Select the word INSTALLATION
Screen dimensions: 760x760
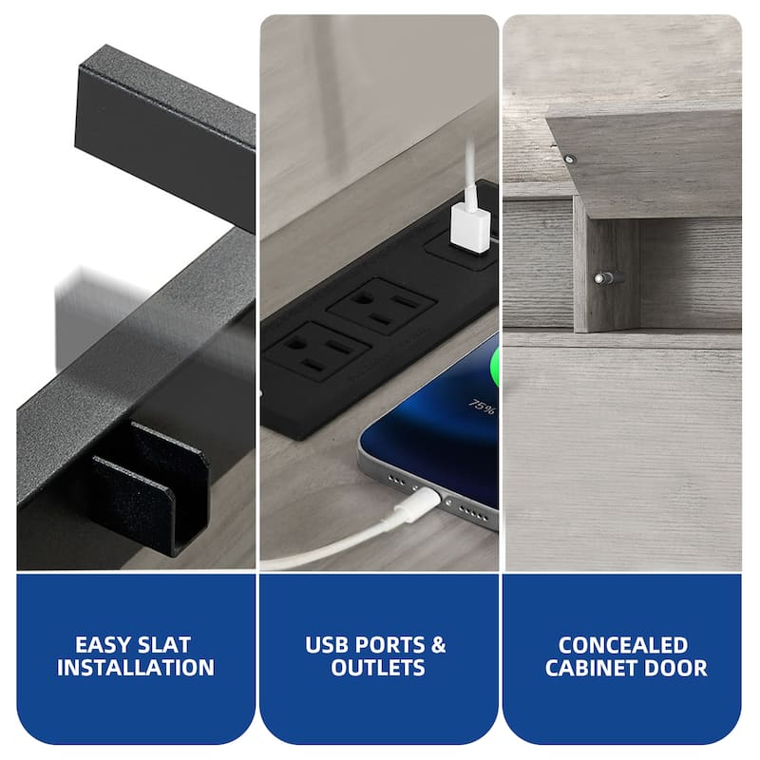[x=136, y=668]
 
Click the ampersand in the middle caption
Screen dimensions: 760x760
[x=438, y=645]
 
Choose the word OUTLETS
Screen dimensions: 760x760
[x=378, y=668]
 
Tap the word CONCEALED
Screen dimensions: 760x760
[x=623, y=645]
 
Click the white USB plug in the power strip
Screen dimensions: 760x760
[x=469, y=228]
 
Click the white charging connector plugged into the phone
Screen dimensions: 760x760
[x=418, y=504]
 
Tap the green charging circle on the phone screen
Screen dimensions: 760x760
[x=493, y=364]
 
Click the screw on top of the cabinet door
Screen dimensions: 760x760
[x=570, y=159]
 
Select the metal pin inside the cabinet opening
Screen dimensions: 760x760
[x=609, y=278]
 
